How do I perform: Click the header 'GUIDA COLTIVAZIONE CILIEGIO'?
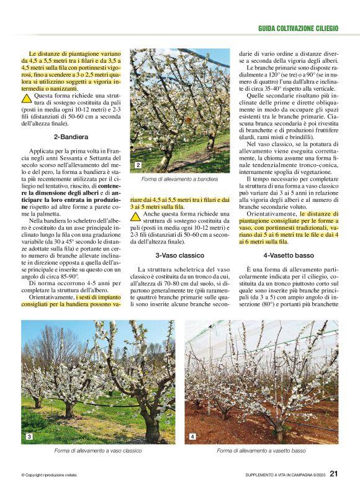pos(298,29)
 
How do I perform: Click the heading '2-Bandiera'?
pos(71,136)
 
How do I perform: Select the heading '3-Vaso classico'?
pos(179,255)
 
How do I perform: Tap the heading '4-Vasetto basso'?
pos(288,255)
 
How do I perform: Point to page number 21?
pos(334,474)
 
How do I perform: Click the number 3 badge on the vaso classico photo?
pos(29,437)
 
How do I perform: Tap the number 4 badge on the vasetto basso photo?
pos(192,437)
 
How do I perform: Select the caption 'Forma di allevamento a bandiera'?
pos(179,179)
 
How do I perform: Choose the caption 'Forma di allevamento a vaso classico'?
pos(98,450)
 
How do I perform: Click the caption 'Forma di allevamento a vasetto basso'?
pos(261,450)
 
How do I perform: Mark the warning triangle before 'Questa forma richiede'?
pos(27,98)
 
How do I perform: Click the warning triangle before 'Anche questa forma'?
pos(135,217)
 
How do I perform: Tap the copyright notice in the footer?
pos(49,475)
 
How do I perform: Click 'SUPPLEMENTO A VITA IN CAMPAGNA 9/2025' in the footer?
pos(285,475)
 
